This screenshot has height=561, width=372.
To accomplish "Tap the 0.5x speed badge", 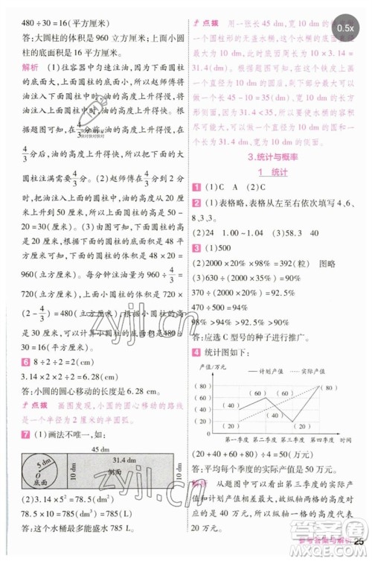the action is pyautogui.click(x=345, y=28).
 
